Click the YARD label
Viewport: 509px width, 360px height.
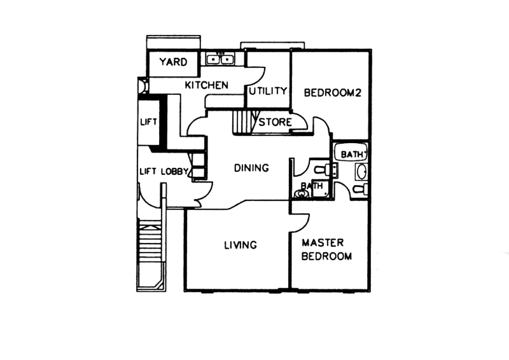[173, 62]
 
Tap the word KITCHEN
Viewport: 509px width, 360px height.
[206, 85]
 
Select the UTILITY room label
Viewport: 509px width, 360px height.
[268, 91]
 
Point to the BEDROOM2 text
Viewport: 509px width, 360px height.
[332, 93]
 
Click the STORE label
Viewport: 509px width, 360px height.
[275, 122]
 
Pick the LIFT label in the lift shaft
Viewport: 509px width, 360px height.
[148, 122]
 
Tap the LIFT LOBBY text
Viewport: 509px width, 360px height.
[164, 171]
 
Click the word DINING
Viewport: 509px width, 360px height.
[251, 168]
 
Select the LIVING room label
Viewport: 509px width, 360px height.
[241, 245]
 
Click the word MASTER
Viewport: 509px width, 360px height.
[323, 242]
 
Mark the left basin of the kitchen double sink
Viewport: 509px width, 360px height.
[214, 59]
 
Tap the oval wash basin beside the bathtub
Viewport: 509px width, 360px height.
[361, 171]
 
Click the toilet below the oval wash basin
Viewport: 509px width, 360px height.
[360, 188]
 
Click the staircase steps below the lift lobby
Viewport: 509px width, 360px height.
[150, 239]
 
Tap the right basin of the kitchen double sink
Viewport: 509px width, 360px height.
[227, 59]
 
